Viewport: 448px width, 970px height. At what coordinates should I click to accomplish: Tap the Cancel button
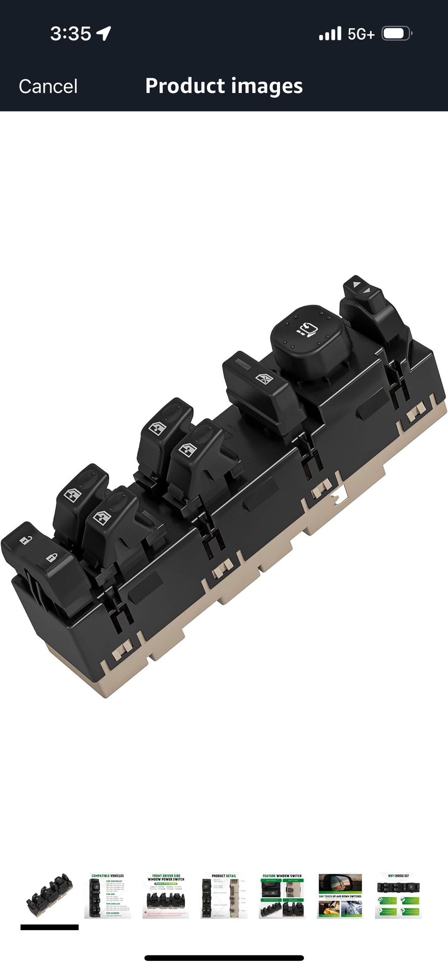pos(48,86)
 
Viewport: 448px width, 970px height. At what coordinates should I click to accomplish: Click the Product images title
pos(223,86)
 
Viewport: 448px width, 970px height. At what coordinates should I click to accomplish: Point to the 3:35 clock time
pos(70,34)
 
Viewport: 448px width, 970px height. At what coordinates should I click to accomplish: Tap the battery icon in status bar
pos(396,34)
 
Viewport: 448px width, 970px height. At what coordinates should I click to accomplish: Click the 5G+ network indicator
pos(361,34)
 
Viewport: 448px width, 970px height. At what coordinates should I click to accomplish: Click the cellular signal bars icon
pos(330,34)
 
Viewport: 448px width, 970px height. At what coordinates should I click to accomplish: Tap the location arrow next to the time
pos(104,33)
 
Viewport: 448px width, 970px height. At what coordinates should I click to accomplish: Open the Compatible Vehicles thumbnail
pos(107,896)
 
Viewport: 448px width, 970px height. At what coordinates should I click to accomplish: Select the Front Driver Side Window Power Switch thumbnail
pos(165,896)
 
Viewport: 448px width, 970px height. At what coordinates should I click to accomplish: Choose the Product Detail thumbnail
pos(223,896)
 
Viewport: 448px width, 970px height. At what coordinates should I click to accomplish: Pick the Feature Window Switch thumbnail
pos(282,896)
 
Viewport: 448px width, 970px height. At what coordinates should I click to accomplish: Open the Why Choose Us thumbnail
pos(398,896)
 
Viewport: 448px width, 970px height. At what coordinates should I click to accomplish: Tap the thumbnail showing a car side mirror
pos(340,896)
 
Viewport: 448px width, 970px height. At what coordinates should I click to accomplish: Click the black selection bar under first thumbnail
pos(50,927)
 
